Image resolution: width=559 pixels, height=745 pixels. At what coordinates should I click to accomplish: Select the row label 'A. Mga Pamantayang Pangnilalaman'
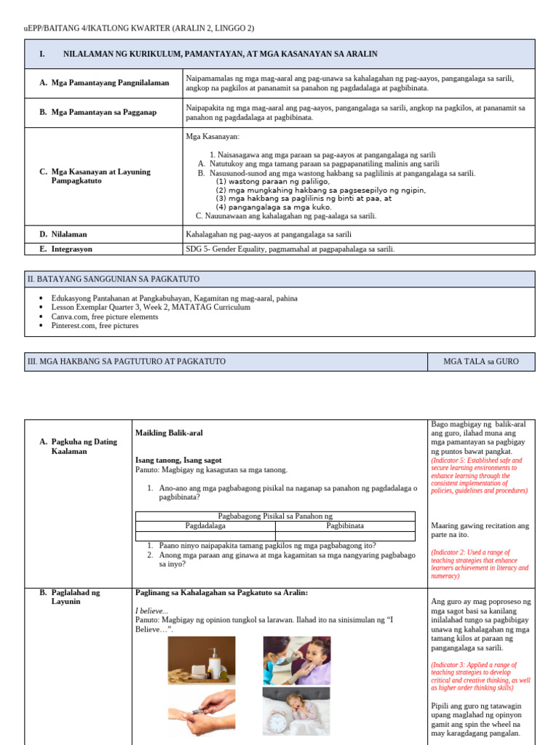point(104,83)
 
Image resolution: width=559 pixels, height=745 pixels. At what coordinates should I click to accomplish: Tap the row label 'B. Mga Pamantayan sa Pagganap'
point(98,112)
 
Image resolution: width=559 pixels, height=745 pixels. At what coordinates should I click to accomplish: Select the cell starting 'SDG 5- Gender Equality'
point(290,249)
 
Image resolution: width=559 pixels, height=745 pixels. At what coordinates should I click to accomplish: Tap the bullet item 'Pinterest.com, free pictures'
point(95,326)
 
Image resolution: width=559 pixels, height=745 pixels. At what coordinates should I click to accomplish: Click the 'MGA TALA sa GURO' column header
point(481,362)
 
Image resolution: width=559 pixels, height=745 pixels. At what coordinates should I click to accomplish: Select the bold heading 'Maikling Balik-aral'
point(169,433)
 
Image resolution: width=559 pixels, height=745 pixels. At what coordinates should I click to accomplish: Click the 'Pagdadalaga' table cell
point(206,525)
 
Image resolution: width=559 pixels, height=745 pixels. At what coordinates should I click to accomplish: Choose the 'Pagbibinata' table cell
point(345,525)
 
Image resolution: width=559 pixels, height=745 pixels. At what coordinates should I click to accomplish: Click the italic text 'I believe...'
point(152,610)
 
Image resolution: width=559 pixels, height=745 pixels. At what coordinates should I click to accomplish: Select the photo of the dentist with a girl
point(296,660)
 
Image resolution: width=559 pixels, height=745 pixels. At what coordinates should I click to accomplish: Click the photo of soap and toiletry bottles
point(202,660)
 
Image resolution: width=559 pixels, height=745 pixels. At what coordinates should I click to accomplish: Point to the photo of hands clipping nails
point(202,714)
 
